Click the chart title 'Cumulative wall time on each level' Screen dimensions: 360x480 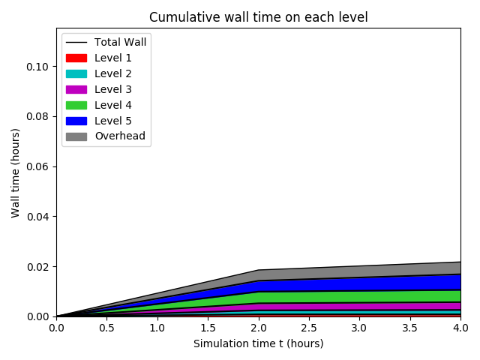pos(259,17)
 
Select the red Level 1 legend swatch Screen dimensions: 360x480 pos(76,58)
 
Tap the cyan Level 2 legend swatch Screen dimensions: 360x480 pos(76,73)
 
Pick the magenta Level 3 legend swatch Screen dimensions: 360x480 pos(76,89)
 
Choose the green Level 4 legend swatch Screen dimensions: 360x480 pos(76,105)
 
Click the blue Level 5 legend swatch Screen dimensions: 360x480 pos(76,121)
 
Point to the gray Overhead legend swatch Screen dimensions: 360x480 pos(76,136)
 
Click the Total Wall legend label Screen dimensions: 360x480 pos(120,42)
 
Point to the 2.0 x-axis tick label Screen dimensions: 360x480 pos(259,328)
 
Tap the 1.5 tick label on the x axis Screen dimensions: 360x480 pos(208,328)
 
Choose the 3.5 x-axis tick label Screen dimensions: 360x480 pos(410,328)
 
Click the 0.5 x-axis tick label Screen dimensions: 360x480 pos(106,328)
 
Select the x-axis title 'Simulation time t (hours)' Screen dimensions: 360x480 pos(259,343)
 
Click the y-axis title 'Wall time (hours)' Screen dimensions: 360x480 pos(15,172)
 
